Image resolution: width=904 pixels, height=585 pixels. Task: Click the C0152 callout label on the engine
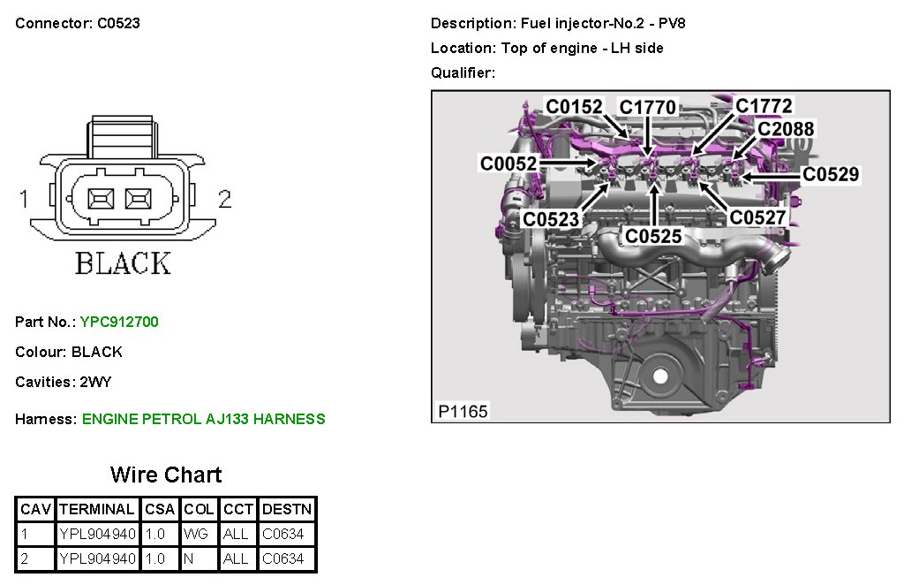click(574, 108)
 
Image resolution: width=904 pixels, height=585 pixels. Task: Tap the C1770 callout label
click(647, 108)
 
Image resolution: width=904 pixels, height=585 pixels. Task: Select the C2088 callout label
click(786, 129)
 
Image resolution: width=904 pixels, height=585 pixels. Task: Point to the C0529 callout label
click(830, 175)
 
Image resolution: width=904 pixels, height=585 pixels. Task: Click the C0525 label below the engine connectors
click(653, 236)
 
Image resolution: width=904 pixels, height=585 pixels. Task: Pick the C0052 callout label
click(508, 163)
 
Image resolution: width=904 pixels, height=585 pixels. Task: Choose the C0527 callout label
click(757, 217)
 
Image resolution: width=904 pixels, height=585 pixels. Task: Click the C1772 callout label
click(764, 106)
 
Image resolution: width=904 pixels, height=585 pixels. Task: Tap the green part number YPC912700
click(119, 322)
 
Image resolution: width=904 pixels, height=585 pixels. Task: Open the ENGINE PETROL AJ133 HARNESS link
click(203, 419)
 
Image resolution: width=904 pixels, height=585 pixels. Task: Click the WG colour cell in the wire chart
click(195, 534)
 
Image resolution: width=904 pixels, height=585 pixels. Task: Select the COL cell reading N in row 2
click(190, 558)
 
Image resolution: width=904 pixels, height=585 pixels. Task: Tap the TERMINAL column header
click(96, 509)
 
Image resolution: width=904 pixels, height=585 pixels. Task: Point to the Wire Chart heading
click(166, 475)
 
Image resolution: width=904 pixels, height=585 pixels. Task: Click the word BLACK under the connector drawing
click(123, 262)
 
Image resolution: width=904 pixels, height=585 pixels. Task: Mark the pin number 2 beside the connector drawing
click(224, 200)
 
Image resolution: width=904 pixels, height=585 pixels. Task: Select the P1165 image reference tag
click(463, 411)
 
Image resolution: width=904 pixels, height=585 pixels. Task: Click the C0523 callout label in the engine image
click(550, 219)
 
